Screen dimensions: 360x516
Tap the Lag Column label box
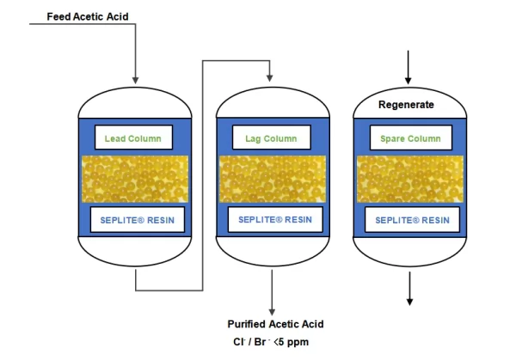(271, 137)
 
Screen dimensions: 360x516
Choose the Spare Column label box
(410, 137)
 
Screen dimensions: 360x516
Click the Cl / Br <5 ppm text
(274, 341)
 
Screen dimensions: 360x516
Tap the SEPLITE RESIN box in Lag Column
(271, 220)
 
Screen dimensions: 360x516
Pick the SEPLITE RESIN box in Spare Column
(410, 220)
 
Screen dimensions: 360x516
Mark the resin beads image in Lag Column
(271, 178)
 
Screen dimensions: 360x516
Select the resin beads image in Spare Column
(410, 178)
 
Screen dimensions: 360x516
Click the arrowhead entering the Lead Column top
(136, 78)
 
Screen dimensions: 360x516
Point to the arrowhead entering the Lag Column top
(271, 78)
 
